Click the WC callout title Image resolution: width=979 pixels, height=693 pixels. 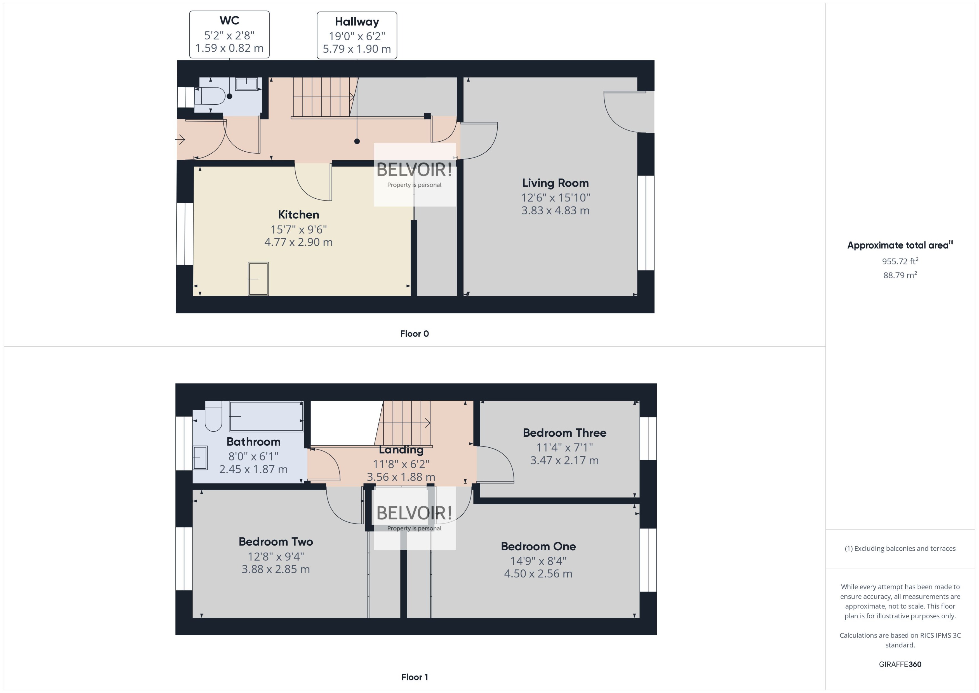[229, 20]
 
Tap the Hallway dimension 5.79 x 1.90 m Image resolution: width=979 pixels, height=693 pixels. [357, 49]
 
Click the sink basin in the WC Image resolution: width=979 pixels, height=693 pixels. [246, 84]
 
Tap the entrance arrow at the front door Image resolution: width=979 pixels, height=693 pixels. [180, 140]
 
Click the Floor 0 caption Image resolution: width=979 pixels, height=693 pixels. [414, 334]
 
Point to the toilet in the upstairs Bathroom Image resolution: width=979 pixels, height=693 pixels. [213, 418]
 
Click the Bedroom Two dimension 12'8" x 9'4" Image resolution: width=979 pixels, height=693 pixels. [276, 556]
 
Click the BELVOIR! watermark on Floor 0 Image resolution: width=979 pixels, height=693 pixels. [414, 170]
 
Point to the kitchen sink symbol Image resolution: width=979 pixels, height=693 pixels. [258, 279]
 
